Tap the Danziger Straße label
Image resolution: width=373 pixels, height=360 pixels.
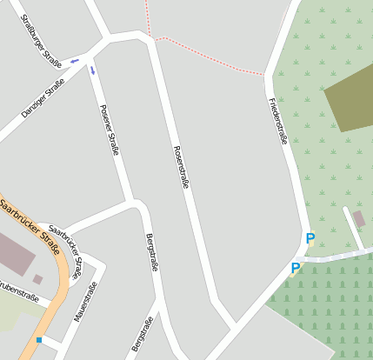coord(43,98)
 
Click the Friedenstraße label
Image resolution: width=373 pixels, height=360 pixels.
coord(277,120)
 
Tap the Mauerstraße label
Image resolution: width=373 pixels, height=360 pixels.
coord(86,303)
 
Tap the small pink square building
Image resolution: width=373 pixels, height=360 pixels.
coord(38,279)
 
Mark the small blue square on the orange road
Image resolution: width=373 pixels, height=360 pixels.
coord(39,339)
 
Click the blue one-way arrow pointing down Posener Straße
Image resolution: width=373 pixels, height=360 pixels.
coord(93,70)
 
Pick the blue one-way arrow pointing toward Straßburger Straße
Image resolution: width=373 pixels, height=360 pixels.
coord(75,60)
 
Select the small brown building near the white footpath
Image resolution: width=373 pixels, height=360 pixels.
coord(359,218)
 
